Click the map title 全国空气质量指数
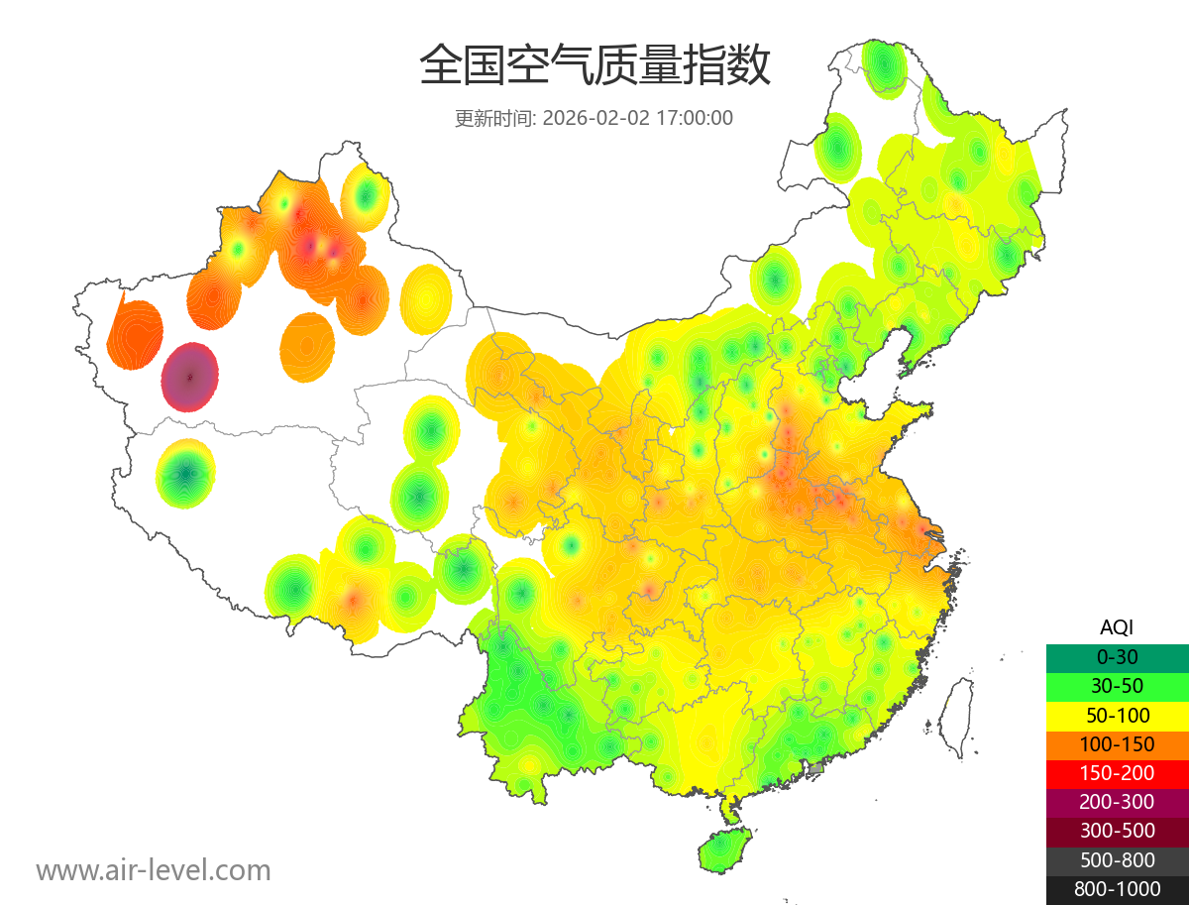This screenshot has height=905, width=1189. click(594, 66)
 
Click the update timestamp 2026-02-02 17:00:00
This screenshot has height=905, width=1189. click(638, 118)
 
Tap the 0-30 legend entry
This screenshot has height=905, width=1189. click(1117, 656)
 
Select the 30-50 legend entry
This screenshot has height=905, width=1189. click(1117, 685)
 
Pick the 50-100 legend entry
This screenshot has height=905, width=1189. click(1117, 715)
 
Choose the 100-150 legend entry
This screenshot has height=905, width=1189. click(1117, 743)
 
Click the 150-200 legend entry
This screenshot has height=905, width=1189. click(1117, 773)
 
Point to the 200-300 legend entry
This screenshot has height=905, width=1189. click(1117, 802)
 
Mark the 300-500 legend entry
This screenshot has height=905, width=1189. click(1117, 831)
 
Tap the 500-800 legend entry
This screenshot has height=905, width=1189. click(1117, 860)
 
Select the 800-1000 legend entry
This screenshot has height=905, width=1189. click(1117, 889)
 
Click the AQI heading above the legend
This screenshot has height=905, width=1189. click(1117, 627)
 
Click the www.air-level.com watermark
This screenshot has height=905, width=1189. click(154, 870)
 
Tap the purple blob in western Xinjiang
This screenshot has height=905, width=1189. click(190, 377)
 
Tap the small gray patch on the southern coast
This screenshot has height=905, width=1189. click(816, 768)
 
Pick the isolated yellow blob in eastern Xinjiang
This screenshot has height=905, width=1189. click(426, 297)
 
